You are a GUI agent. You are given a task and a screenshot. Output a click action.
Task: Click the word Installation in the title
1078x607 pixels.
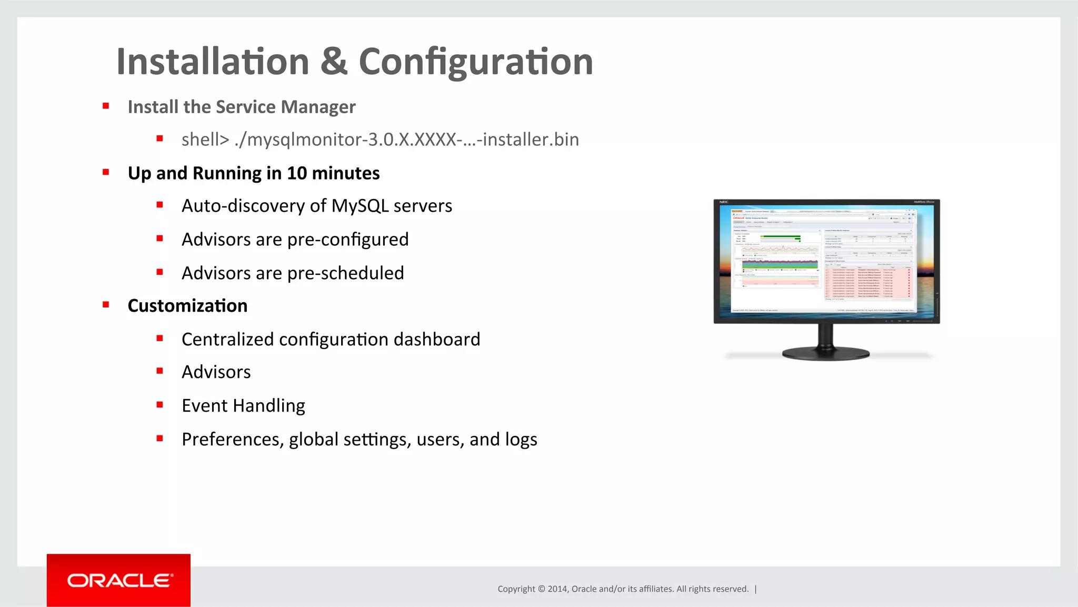point(213,62)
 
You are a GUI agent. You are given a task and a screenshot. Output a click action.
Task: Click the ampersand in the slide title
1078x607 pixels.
point(334,62)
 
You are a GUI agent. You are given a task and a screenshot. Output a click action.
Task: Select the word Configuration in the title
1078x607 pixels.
point(476,62)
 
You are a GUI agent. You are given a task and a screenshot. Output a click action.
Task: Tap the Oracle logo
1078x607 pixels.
point(119,580)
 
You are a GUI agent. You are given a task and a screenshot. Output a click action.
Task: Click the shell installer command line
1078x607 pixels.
point(380,140)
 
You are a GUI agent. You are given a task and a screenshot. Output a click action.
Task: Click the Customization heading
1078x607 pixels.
point(187,306)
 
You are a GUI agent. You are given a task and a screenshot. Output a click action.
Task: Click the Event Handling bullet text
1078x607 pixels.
point(243,406)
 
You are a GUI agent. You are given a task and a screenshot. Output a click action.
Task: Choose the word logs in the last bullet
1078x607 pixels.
point(521,440)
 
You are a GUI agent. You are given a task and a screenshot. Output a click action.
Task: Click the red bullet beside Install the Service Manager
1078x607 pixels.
point(106,106)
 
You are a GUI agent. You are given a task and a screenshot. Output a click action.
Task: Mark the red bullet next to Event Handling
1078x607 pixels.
point(159,405)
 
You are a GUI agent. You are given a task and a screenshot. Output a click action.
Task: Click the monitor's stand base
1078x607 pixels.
point(825,353)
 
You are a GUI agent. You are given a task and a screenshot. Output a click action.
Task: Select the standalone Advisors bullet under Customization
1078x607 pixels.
point(216,372)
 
